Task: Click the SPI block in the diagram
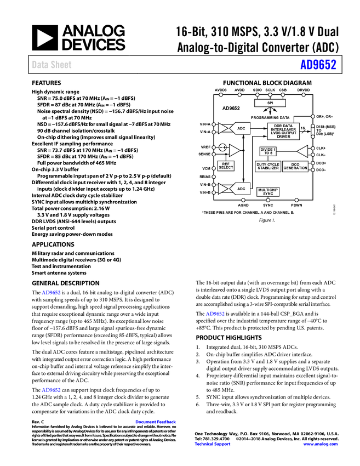click(270, 103)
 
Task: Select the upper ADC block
click(241, 128)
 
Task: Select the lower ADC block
click(241, 189)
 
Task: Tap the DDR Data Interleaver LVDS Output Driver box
click(283, 131)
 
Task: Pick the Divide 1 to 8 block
click(268, 151)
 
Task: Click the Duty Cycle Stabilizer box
click(268, 166)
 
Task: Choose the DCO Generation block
click(295, 166)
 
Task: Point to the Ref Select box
click(226, 166)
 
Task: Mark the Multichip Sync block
click(268, 191)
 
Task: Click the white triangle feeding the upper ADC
click(222, 128)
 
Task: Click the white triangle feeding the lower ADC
click(222, 189)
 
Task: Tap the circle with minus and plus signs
click(222, 147)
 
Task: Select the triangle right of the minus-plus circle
click(234, 150)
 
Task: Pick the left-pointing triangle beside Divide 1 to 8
click(302, 151)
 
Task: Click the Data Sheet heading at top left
click(52, 65)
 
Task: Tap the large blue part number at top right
click(318, 65)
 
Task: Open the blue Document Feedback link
click(156, 422)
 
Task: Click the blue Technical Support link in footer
click(213, 444)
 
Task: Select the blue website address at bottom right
click(321, 444)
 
